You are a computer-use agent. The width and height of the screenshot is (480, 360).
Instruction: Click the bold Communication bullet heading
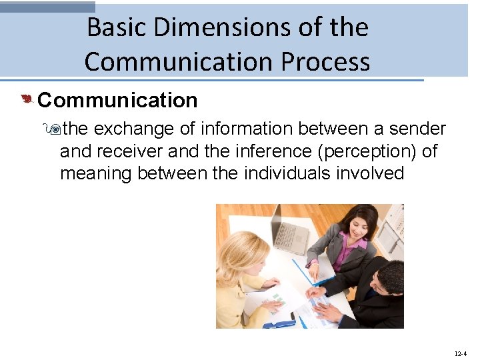coord(117,100)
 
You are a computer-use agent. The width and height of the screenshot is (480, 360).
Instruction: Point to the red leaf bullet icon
coord(26,100)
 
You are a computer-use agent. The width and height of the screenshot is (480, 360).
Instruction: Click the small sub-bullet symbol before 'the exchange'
coord(55,129)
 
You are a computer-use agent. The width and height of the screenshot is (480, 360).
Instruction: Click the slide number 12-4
coord(459,353)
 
